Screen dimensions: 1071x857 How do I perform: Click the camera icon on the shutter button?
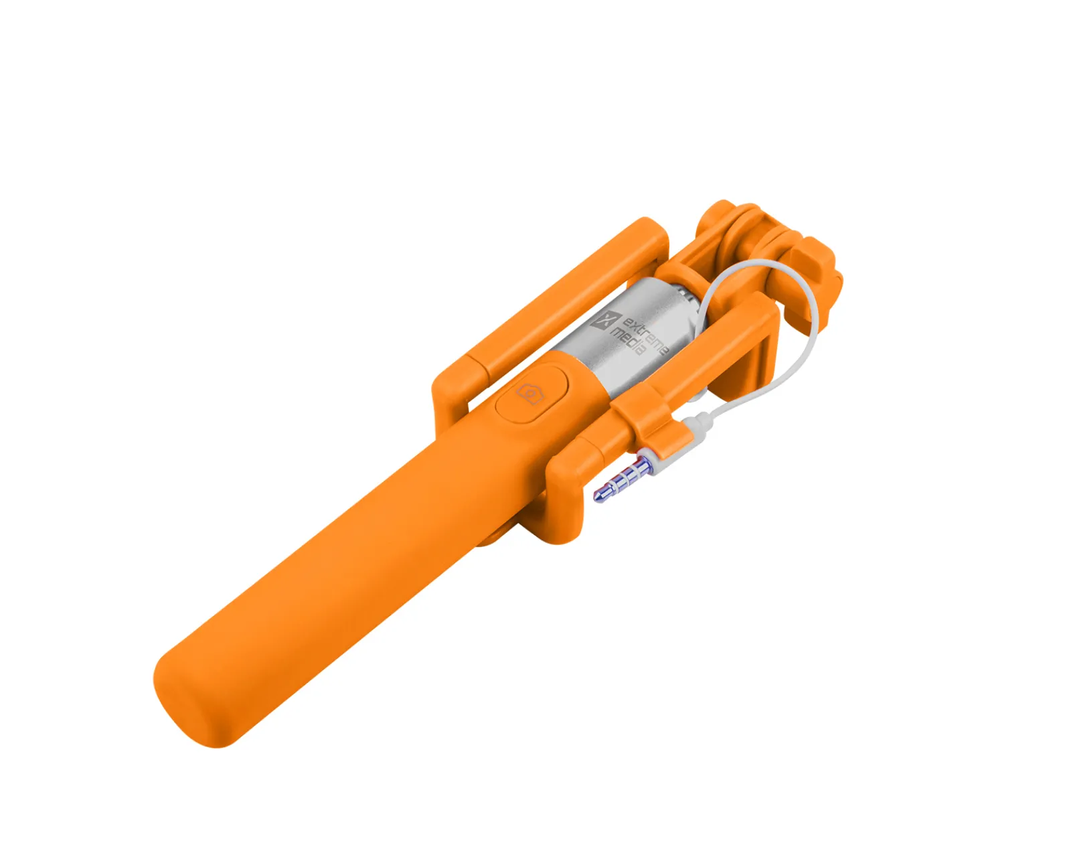pos(529,392)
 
